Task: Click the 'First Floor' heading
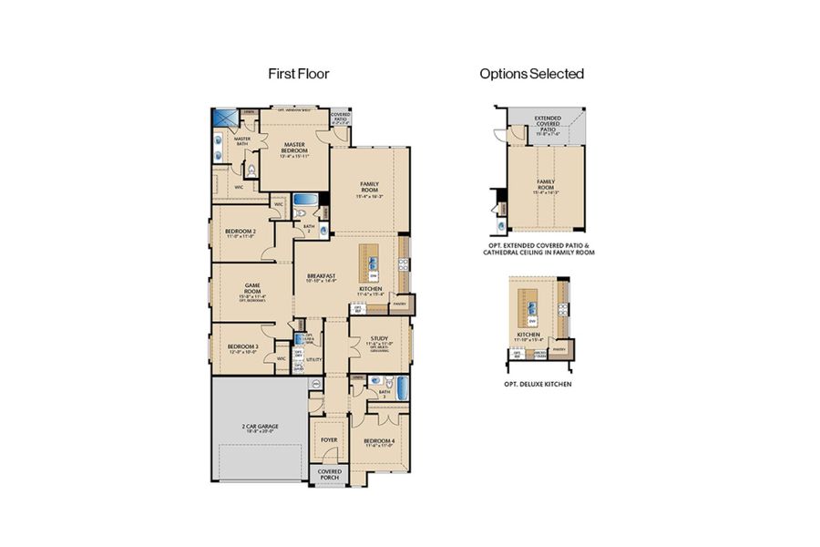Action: [298, 74]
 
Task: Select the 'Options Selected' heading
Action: [531, 74]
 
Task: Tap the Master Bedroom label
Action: [294, 148]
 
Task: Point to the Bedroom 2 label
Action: [240, 233]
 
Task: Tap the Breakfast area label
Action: [321, 276]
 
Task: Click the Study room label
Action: [379, 340]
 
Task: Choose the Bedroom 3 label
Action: [242, 348]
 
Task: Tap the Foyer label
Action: [328, 440]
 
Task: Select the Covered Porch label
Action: [329, 474]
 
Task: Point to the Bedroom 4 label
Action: [380, 442]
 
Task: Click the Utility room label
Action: [314, 360]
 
